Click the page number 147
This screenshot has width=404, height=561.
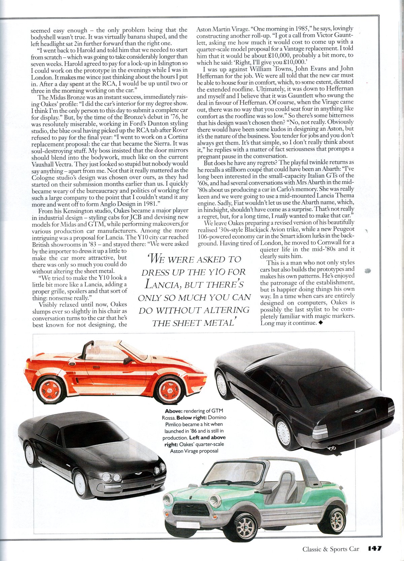click(375, 548)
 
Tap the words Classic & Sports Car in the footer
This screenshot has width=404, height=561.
click(331, 549)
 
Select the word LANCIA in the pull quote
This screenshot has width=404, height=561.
click(161, 285)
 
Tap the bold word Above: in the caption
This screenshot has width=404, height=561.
click(174, 411)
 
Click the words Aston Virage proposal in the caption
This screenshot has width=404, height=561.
click(194, 451)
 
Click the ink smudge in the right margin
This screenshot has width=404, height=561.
click(368, 271)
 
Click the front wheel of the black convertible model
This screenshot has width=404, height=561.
click(81, 484)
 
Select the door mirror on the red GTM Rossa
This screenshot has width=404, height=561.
click(128, 361)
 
